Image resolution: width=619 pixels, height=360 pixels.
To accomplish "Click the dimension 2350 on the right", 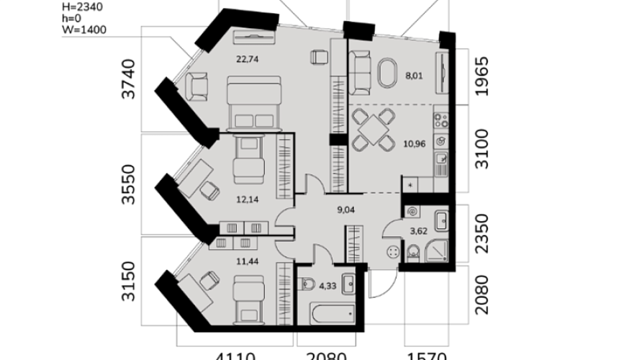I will click(x=482, y=230).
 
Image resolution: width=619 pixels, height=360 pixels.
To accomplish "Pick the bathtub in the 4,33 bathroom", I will click(x=333, y=312).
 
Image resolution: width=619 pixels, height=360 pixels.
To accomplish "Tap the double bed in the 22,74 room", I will click(x=250, y=102).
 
